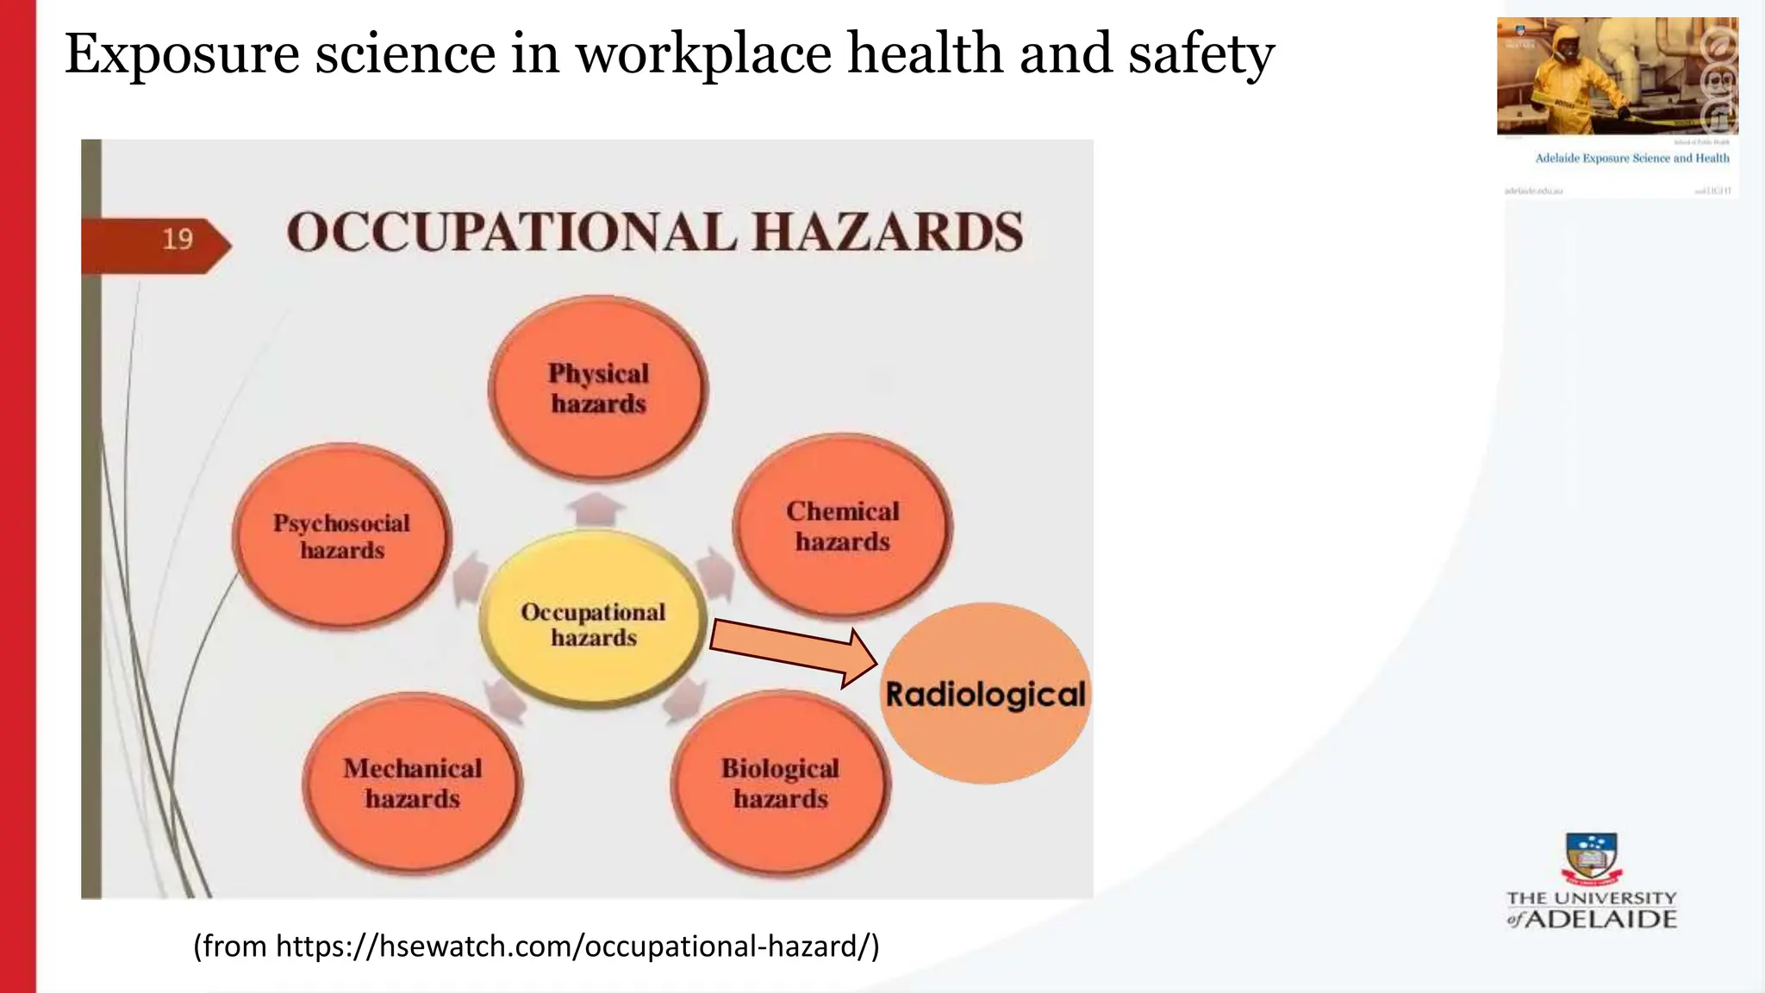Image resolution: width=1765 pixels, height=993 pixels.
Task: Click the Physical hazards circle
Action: [598, 388]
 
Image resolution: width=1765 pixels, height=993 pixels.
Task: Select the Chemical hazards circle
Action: [842, 526]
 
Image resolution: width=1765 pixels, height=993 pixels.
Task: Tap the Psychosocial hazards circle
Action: [342, 535]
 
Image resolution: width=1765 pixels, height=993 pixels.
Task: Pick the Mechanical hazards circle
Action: [412, 783]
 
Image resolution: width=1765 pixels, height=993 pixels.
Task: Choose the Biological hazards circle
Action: [780, 783]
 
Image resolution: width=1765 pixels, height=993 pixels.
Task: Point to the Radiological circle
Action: [985, 694]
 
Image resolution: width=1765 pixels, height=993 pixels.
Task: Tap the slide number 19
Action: [178, 239]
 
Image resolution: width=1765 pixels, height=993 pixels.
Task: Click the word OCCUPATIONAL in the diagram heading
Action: [511, 233]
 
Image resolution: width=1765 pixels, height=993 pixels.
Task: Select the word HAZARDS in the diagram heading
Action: [888, 233]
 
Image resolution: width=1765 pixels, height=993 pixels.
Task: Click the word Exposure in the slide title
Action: [181, 53]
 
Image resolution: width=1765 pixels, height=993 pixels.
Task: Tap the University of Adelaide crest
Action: [1591, 859]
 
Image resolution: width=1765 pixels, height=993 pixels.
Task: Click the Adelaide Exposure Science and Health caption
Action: [1631, 159]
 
